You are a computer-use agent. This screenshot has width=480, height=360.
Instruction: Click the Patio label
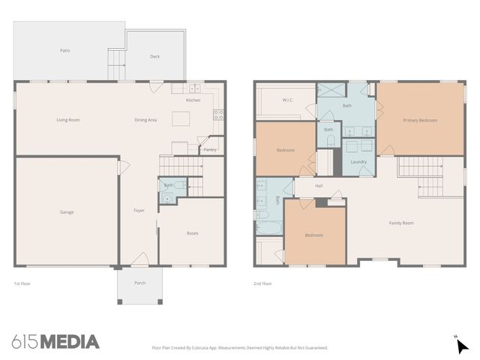64,50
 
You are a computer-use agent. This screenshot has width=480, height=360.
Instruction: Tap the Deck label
154,56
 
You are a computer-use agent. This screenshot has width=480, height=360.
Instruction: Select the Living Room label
68,120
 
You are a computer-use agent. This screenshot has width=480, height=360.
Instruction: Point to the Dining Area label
145,120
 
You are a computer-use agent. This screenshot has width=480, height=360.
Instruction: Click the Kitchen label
193,100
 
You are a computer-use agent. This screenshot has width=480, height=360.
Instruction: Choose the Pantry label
210,149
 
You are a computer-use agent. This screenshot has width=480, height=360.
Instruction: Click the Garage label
67,212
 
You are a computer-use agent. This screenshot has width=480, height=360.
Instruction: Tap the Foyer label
139,211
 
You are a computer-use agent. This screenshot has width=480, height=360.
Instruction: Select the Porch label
140,283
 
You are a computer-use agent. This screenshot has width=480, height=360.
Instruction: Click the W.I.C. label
287,100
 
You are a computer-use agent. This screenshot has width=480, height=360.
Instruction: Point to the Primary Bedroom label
419,120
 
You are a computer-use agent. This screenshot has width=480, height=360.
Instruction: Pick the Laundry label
358,162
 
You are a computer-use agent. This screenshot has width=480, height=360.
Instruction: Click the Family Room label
400,223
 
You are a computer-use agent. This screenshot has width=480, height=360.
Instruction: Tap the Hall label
319,185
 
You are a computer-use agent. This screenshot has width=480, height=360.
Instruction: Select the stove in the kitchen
219,115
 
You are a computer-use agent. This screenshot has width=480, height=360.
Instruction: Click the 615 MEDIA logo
55,342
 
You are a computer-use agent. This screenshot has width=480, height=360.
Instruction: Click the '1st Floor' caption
22,283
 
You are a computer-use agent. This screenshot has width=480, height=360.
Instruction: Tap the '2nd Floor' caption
262,283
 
